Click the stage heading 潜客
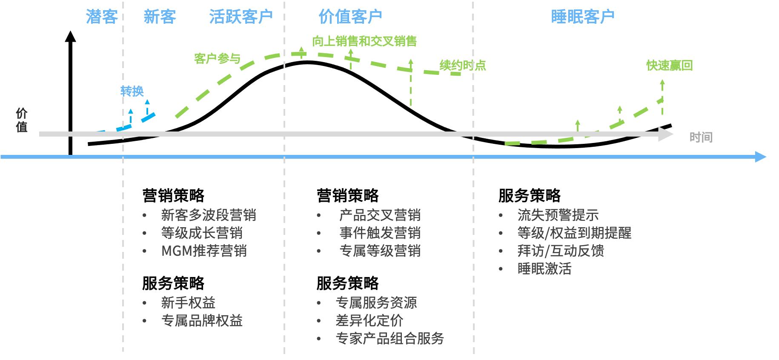(102, 17)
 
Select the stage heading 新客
(160, 17)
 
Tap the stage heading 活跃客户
(241, 17)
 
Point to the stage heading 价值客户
(350, 17)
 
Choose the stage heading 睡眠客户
(582, 17)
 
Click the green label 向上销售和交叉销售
(364, 41)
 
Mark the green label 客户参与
(217, 59)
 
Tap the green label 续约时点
(463, 66)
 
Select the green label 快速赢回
(669, 66)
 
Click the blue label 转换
(132, 91)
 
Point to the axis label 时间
(701, 137)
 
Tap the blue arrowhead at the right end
(761, 157)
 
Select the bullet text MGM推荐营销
(204, 251)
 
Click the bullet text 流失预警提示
(558, 215)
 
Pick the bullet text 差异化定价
(369, 320)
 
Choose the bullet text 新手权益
(188, 303)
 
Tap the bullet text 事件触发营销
(380, 233)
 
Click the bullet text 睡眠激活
(544, 269)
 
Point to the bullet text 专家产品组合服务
(389, 338)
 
